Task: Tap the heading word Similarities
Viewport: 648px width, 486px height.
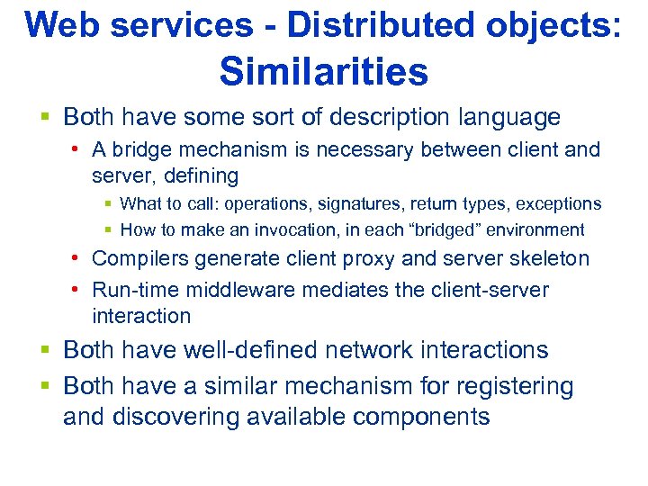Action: (x=323, y=71)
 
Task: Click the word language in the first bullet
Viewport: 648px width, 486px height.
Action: (x=509, y=117)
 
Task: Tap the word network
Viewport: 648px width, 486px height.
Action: (x=374, y=350)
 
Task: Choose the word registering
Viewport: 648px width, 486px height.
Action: (x=512, y=386)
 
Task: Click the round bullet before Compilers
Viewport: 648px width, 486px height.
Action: (x=79, y=259)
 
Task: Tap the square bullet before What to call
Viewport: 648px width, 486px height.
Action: (x=109, y=204)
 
